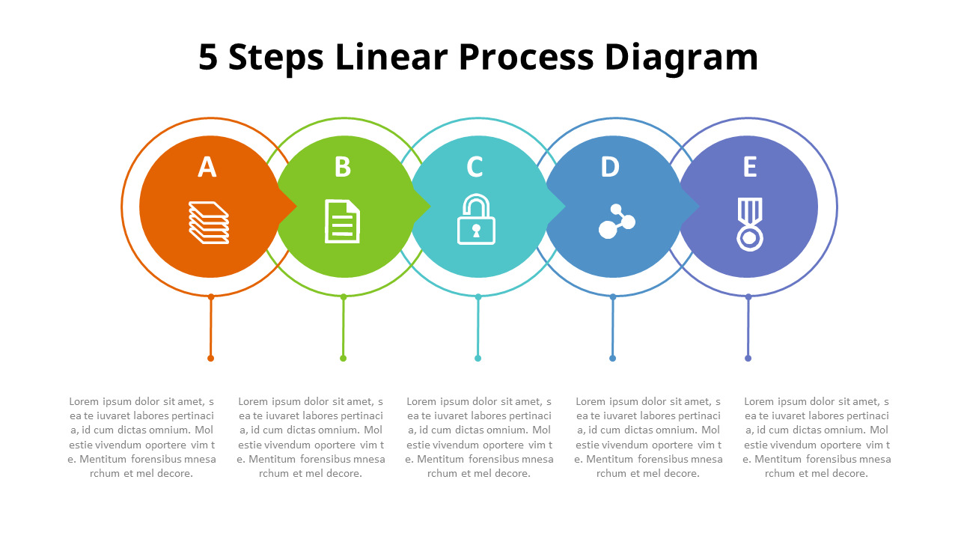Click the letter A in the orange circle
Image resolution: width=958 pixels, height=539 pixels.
[x=207, y=166]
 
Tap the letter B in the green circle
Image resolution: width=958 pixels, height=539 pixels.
[x=343, y=166]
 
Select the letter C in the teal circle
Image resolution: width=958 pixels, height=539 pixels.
[x=475, y=166]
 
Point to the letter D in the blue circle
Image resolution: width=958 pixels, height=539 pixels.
[x=610, y=166]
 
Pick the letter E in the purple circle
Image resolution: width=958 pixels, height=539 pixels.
[x=750, y=166]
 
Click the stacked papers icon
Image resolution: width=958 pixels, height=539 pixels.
[x=209, y=222]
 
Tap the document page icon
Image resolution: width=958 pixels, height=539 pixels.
[x=342, y=221]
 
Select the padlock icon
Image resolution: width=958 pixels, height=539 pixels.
[x=476, y=219]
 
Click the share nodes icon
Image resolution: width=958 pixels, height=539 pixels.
[x=617, y=221]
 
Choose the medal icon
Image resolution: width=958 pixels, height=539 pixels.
[x=750, y=224]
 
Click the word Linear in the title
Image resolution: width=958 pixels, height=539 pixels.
[x=391, y=57]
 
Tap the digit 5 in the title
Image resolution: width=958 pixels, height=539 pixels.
[x=208, y=57]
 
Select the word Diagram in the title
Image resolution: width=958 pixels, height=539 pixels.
[x=681, y=59]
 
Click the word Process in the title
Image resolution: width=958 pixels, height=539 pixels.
[x=526, y=57]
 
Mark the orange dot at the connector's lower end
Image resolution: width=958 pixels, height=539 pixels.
[x=210, y=359]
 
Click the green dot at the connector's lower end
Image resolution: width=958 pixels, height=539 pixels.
[x=343, y=359]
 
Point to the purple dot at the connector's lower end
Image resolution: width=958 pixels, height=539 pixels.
[x=748, y=359]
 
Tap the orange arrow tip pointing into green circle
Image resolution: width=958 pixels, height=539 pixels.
[x=296, y=207]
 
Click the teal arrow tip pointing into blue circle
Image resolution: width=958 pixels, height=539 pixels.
[x=564, y=207]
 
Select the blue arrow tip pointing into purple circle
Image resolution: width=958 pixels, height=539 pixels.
[x=698, y=207]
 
